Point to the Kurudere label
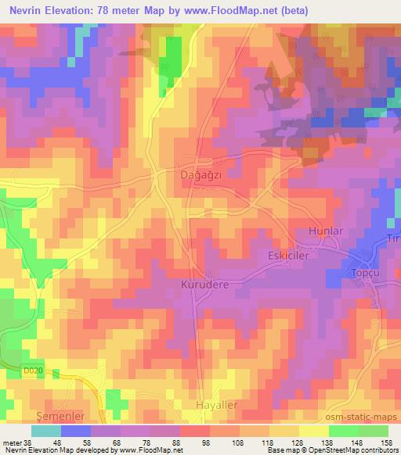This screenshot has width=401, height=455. click(204, 285)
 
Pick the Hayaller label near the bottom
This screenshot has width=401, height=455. click(215, 405)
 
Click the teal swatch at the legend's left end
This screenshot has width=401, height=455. click(46, 430)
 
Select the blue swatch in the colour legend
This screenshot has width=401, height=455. click(76, 430)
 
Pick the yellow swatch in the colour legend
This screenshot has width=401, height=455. click(312, 430)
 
